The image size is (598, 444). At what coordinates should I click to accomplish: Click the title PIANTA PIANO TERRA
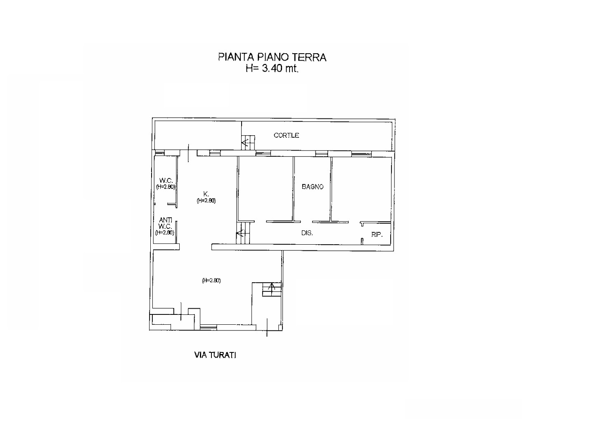click(x=272, y=57)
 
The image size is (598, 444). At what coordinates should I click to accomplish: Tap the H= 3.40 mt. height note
click(x=272, y=68)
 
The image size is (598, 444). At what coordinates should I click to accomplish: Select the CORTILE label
click(x=286, y=135)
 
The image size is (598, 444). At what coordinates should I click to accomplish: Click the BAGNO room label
click(x=313, y=187)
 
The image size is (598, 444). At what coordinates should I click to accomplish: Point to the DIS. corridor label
click(x=307, y=233)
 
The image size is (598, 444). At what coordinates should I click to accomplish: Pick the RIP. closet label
click(x=377, y=235)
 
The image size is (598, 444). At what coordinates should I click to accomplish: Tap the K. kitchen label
click(x=206, y=194)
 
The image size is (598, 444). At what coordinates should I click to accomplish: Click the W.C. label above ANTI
click(x=166, y=180)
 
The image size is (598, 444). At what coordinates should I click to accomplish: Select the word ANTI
click(x=166, y=220)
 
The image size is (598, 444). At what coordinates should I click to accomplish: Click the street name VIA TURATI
click(x=215, y=355)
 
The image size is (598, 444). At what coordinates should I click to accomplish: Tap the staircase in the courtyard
click(x=248, y=142)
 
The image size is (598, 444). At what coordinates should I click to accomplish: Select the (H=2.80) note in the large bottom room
click(x=211, y=281)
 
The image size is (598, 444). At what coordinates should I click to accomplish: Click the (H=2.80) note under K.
click(x=206, y=201)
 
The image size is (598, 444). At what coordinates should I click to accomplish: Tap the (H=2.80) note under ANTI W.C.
click(x=165, y=232)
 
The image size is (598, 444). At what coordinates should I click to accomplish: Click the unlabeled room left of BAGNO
click(x=266, y=189)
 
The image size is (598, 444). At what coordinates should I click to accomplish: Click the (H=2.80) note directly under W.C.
click(x=166, y=187)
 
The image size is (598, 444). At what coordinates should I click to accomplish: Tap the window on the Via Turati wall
click(x=209, y=327)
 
